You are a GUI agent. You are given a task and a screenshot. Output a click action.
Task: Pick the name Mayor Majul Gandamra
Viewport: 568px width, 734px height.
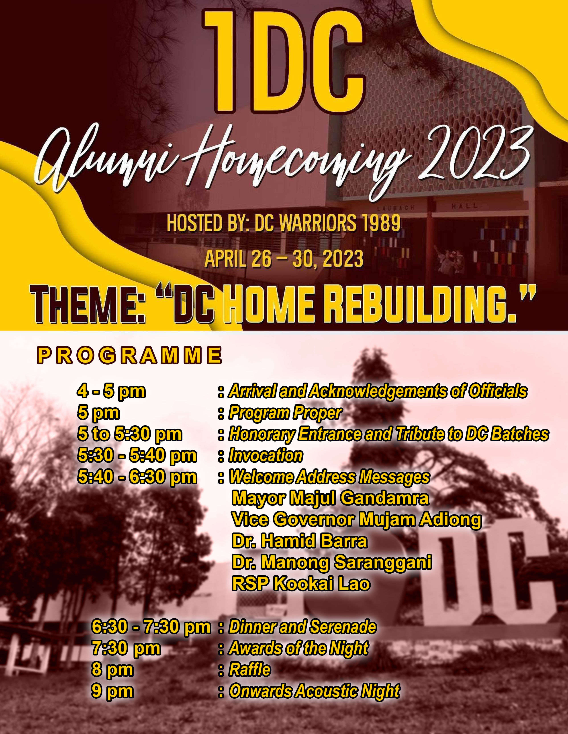(330, 498)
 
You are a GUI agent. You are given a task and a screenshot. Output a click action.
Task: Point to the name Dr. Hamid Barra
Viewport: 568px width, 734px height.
(299, 541)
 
